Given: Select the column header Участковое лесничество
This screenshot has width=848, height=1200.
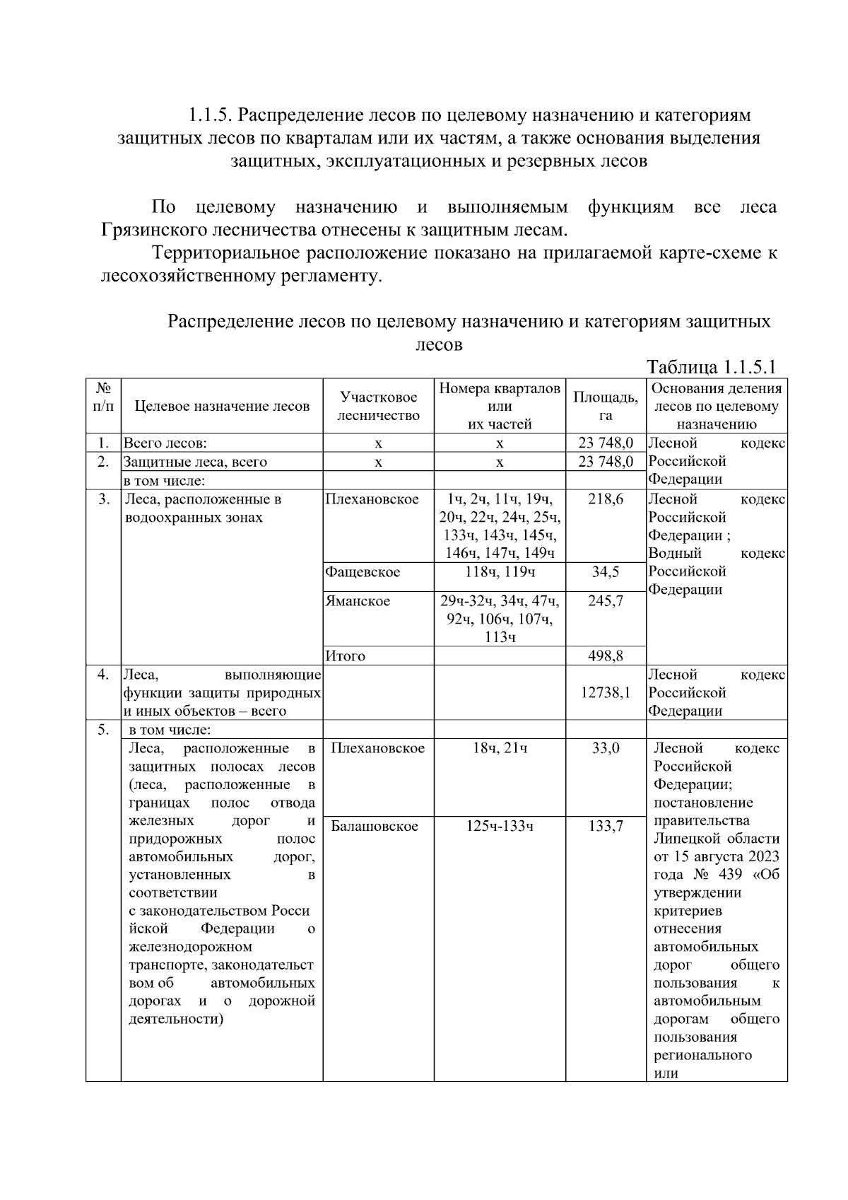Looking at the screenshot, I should (378, 407).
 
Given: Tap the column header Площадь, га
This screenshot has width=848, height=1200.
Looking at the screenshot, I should (606, 407).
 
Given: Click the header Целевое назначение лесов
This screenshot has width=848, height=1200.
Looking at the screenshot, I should (222, 407).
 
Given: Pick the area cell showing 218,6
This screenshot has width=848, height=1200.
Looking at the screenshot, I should (606, 499).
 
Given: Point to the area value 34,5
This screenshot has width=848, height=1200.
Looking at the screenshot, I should (606, 572).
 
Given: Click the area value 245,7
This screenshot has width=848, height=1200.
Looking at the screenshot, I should (606, 602).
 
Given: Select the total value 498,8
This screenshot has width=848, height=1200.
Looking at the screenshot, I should (606, 656).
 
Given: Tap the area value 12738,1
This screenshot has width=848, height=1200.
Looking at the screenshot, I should (606, 693).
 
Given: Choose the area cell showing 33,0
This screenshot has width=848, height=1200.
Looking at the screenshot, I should (606, 748).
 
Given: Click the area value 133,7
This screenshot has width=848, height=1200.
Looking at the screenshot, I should (606, 826).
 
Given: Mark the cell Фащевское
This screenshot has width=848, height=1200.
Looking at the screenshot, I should (363, 572).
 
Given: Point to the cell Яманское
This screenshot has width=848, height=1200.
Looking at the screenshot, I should (358, 602).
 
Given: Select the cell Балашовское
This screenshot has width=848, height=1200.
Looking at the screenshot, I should (375, 826).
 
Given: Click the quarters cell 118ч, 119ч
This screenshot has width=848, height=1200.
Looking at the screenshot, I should (500, 572).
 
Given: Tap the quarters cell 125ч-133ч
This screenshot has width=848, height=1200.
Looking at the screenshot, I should (500, 826).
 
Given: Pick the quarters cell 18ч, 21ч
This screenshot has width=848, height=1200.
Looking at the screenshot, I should (500, 748).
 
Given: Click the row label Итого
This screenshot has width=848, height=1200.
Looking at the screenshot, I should (346, 656).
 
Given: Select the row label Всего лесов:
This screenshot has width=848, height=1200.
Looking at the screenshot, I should (165, 443).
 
